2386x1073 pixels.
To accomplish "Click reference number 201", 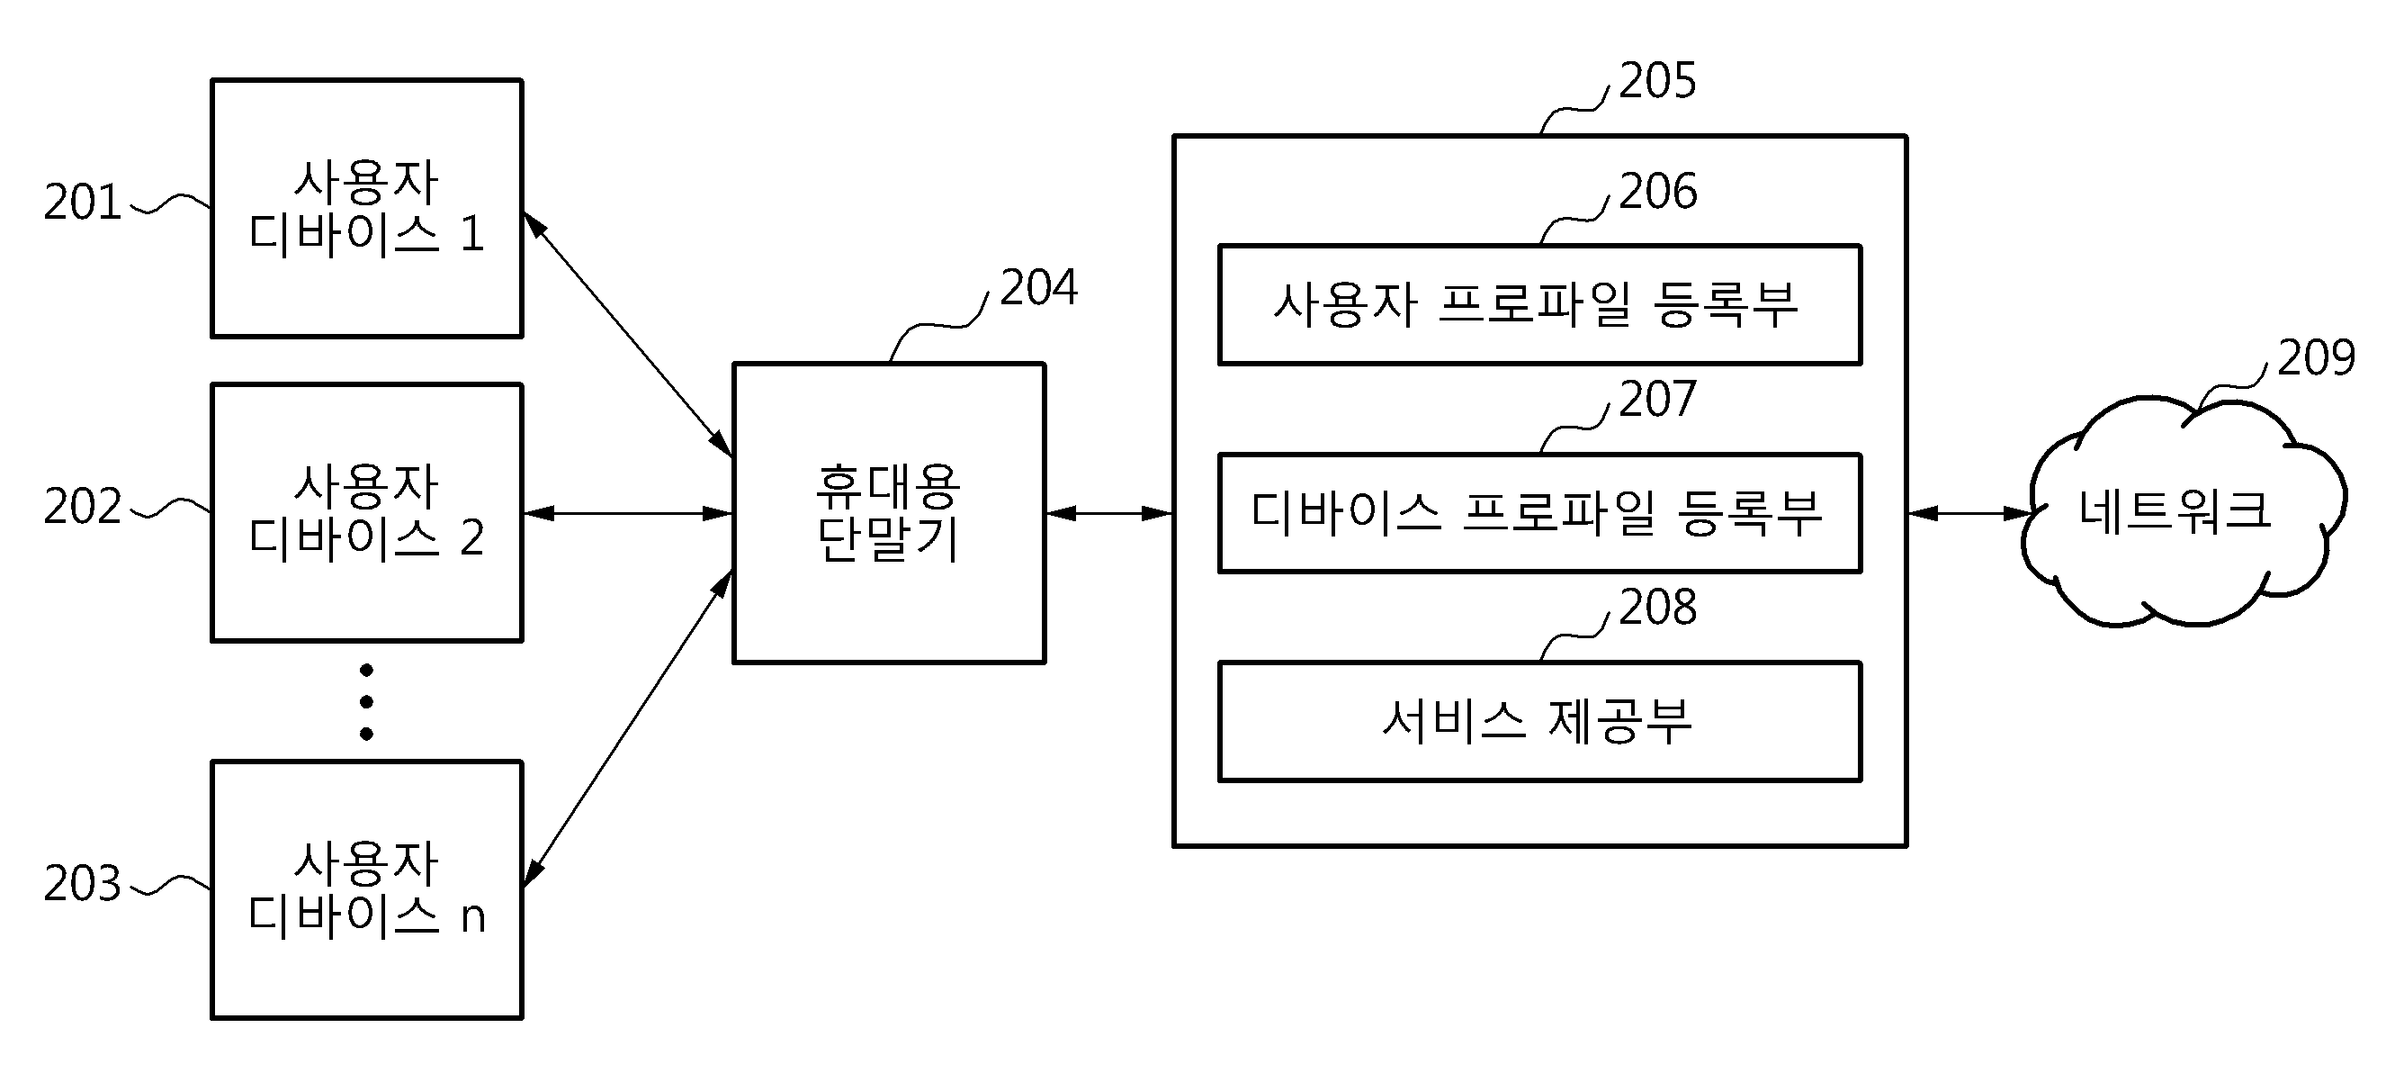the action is pyautogui.click(x=83, y=202).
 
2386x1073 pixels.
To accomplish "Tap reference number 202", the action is pyautogui.click(x=83, y=507).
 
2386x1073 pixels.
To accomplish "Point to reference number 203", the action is pyautogui.click(x=83, y=883).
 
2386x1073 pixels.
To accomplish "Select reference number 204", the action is pyautogui.click(x=1039, y=287).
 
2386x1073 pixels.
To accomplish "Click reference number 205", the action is pyautogui.click(x=1658, y=81).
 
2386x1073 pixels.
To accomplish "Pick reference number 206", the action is pyautogui.click(x=1658, y=191).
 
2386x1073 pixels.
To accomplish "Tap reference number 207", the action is pyautogui.click(x=1658, y=400).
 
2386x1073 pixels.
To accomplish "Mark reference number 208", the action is pyautogui.click(x=1658, y=607).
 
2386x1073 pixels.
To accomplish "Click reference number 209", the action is pyautogui.click(x=2316, y=357).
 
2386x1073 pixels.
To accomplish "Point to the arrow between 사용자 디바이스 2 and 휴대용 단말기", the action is pyautogui.click(x=628, y=513).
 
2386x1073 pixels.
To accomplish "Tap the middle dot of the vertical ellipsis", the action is pyautogui.click(x=367, y=701).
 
